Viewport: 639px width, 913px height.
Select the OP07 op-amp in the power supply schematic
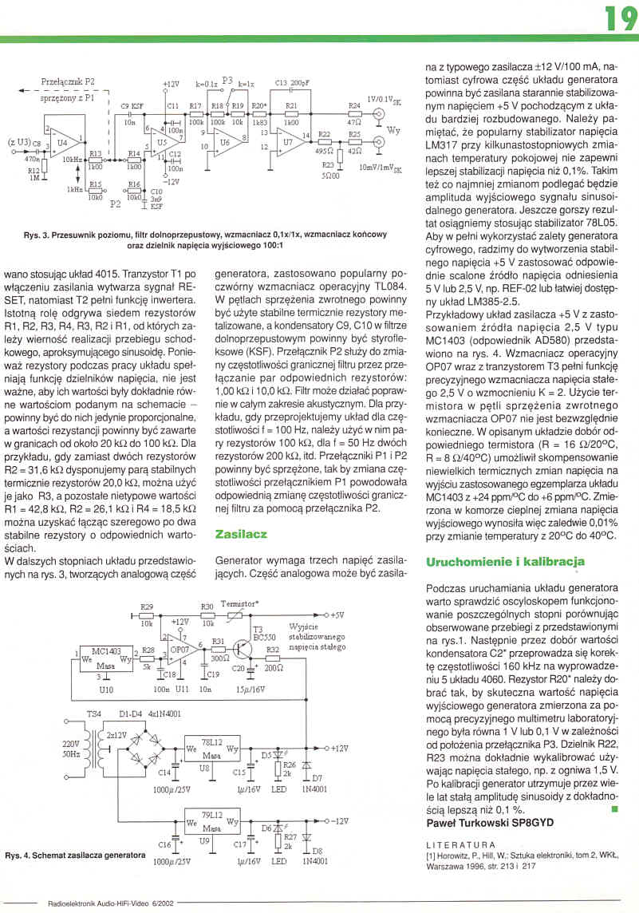(x=179, y=652)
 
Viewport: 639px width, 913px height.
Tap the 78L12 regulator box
(x=210, y=749)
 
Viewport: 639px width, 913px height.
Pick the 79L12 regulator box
(x=210, y=821)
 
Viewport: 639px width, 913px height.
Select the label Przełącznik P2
(x=67, y=81)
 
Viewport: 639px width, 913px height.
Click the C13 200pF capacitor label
(x=292, y=83)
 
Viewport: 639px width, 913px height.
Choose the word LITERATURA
(x=461, y=844)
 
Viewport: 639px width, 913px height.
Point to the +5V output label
(x=337, y=615)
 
